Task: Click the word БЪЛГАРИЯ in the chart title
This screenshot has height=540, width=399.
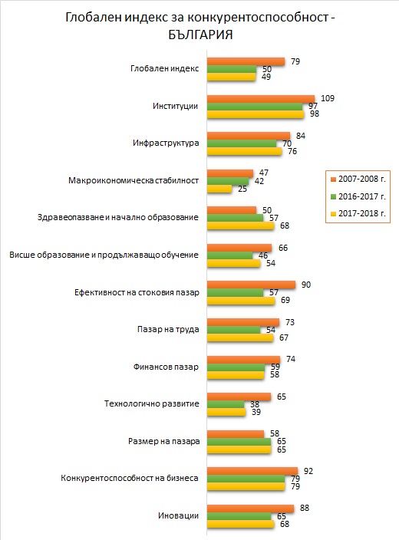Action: (x=200, y=35)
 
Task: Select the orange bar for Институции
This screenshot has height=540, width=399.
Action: (x=261, y=99)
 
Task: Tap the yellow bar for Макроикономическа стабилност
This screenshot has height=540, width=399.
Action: (x=219, y=189)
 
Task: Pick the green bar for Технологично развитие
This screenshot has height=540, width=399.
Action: (x=226, y=404)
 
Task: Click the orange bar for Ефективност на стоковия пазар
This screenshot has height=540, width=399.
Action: (x=251, y=285)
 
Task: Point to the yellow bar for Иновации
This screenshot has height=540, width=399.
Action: (x=240, y=524)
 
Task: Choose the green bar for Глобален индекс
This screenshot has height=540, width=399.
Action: (x=232, y=69)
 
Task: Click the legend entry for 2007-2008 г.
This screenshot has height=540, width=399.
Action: (x=358, y=179)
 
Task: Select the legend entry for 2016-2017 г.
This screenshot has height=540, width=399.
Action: (x=358, y=196)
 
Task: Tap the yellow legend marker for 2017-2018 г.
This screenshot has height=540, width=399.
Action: (x=333, y=214)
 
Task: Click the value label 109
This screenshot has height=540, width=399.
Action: (x=328, y=98)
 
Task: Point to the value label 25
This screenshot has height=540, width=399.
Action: (x=242, y=189)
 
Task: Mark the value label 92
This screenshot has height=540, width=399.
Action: (x=308, y=471)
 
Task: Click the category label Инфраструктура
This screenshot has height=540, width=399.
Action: (x=166, y=143)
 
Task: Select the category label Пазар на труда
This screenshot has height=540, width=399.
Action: (x=168, y=330)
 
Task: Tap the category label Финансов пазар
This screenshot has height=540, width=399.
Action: (x=166, y=367)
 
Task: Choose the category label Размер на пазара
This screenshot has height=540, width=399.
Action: (x=163, y=441)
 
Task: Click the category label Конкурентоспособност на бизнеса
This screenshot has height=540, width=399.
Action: (x=130, y=478)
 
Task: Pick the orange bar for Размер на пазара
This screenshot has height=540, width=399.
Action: (x=236, y=434)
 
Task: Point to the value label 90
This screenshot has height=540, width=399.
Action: (x=305, y=285)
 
